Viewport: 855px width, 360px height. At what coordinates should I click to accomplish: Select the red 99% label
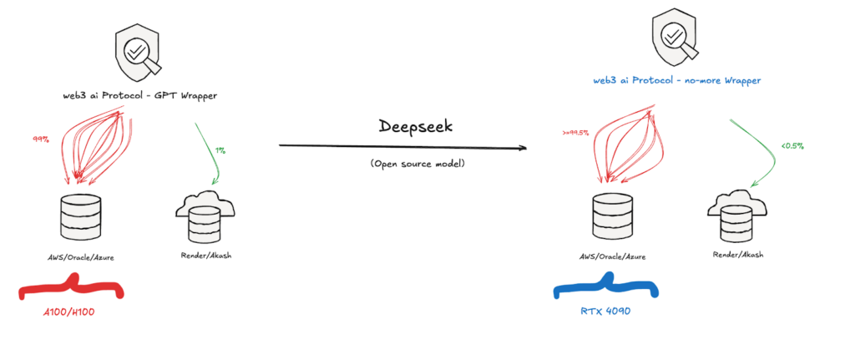point(39,140)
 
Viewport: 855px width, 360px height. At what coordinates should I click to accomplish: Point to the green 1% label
point(220,151)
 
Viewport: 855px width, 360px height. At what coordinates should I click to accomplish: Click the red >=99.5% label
point(577,131)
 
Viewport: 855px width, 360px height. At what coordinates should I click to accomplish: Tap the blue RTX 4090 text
point(607,311)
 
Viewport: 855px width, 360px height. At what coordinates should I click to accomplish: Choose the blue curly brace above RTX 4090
point(607,290)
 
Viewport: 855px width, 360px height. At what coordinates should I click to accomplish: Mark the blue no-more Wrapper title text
point(676,80)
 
